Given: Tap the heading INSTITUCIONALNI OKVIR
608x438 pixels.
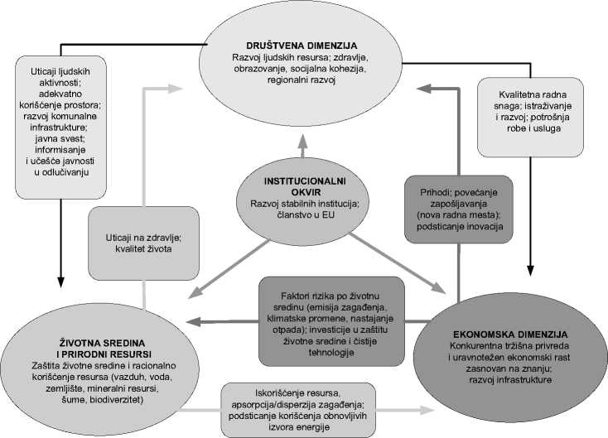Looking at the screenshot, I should [x=304, y=186].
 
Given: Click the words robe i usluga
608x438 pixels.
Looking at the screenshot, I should [x=530, y=132].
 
